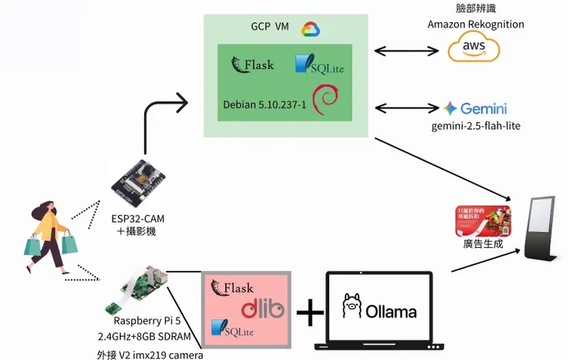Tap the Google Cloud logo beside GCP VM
310,28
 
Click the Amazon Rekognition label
476,25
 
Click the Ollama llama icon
352,306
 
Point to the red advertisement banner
484,220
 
